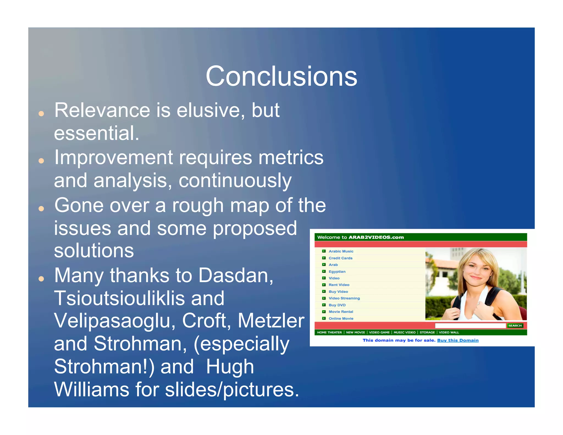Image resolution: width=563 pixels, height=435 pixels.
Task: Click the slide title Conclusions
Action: [281, 76]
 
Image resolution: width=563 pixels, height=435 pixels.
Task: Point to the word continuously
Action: [235, 181]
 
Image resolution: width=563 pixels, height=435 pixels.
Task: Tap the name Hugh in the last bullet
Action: [230, 367]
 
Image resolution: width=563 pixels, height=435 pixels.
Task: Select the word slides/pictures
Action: [232, 390]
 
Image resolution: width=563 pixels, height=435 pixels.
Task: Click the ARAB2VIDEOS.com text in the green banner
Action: [376, 237]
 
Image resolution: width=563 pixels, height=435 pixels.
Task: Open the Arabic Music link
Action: [341, 251]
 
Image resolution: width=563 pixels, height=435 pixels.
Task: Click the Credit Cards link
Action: [340, 258]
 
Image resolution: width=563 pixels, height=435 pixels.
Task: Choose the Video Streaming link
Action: [344, 298]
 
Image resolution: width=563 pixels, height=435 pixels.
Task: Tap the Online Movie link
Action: [341, 319]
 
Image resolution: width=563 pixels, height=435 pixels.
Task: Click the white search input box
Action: [470, 326]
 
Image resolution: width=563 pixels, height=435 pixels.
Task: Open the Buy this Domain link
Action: [458, 340]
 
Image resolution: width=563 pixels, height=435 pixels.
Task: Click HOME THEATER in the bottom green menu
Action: [329, 332]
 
